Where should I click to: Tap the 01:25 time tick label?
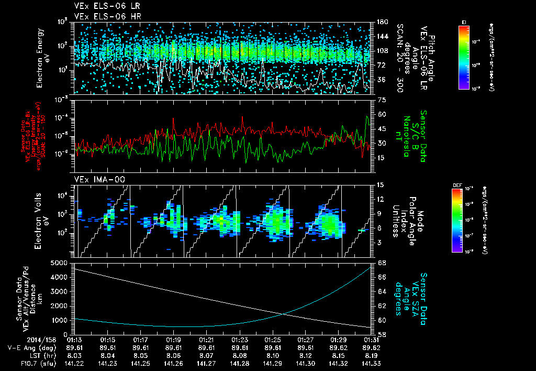(273, 340)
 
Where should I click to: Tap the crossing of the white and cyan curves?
(283, 314)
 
